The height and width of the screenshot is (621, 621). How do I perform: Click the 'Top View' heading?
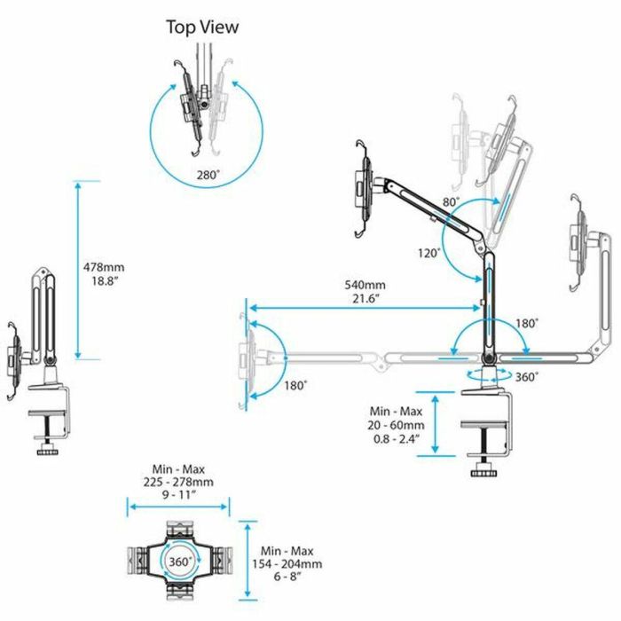tap(202, 28)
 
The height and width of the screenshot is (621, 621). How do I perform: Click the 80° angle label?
tap(452, 203)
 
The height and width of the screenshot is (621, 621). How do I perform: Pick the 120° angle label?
tap(428, 253)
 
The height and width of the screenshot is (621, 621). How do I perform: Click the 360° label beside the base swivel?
tap(526, 376)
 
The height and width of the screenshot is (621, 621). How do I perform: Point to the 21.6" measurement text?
tap(365, 299)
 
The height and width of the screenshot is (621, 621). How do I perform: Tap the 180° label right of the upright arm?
tap(526, 324)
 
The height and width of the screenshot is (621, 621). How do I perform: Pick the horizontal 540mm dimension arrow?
tap(364, 309)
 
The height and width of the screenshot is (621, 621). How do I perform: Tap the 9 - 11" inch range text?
tap(178, 496)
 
